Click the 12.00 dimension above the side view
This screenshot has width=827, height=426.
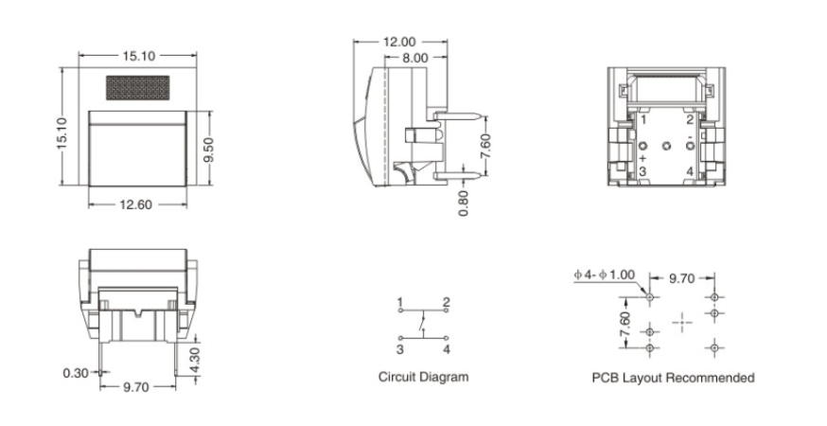pyautogui.click(x=399, y=43)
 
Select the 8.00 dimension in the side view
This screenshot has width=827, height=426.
pyautogui.click(x=414, y=58)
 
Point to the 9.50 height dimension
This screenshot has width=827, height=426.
pyautogui.click(x=210, y=148)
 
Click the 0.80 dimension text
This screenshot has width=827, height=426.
pyautogui.click(x=464, y=203)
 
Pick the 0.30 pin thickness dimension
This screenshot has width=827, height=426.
pyautogui.click(x=76, y=373)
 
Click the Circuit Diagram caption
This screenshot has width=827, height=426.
pyautogui.click(x=423, y=377)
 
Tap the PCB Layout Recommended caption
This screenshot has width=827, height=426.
pyautogui.click(x=673, y=378)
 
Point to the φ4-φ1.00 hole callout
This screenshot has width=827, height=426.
pyautogui.click(x=605, y=275)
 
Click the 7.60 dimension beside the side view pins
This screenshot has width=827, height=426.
pyautogui.click(x=486, y=146)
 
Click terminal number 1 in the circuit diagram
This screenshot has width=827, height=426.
pyautogui.click(x=400, y=302)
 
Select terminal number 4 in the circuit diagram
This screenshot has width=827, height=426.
pyautogui.click(x=446, y=348)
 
